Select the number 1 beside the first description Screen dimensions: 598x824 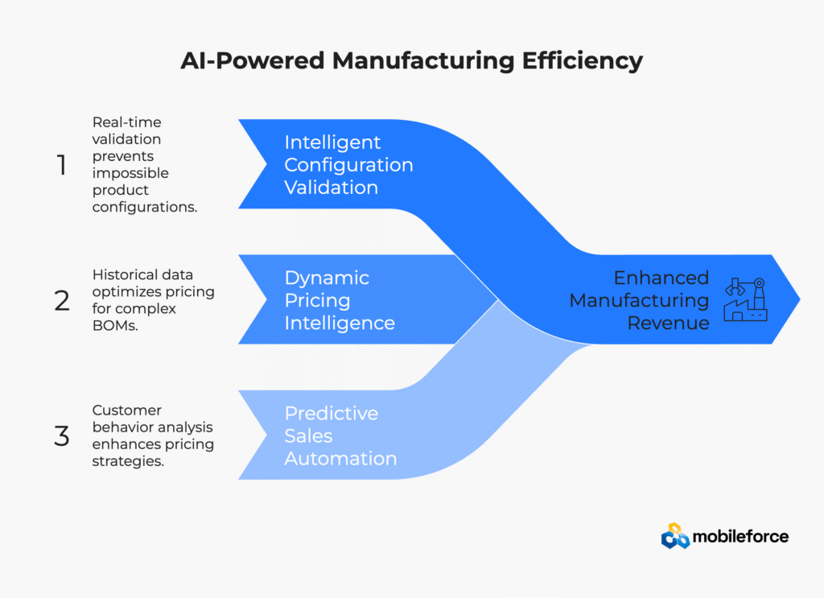coord(62,165)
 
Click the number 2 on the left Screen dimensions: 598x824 coord(62,300)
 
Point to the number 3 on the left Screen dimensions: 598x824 coord(62,435)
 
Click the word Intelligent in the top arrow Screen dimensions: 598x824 coord(332,142)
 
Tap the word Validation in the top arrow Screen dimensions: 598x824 coord(331,188)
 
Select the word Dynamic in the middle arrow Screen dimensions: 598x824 coord(327,278)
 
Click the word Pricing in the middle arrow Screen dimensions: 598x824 coord(317,300)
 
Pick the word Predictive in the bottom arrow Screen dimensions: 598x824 coord(331,413)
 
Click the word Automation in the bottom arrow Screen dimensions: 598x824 coord(340,459)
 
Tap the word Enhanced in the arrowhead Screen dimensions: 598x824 coord(661,278)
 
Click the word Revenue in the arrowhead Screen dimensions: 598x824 coord(668,323)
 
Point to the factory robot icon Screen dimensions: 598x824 coord(745,299)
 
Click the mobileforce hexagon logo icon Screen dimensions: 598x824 coord(675,536)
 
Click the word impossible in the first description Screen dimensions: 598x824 coord(130,173)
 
